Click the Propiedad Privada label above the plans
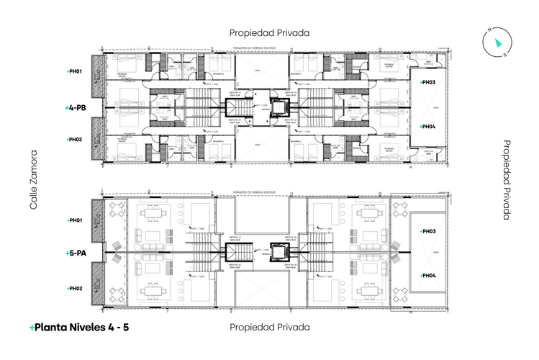pyautogui.click(x=269, y=32)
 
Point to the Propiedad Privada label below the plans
pyautogui.click(x=269, y=327)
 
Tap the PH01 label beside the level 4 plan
pyautogui.click(x=75, y=72)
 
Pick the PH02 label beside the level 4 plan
pyautogui.click(x=75, y=139)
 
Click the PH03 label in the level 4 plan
pyautogui.click(x=427, y=83)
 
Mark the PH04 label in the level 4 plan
pyautogui.click(x=427, y=127)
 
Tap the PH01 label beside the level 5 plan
pyautogui.click(x=75, y=220)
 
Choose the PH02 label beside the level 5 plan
pyautogui.click(x=75, y=289)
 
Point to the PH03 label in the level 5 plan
pyautogui.click(x=427, y=231)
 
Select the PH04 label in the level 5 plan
pyautogui.click(x=427, y=276)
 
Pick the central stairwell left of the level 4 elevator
pyautogui.click(x=237, y=108)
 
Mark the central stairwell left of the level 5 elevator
pyautogui.click(x=237, y=253)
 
